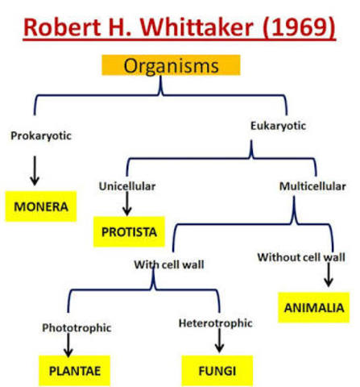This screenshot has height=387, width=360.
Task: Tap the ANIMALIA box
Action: pyautogui.click(x=313, y=307)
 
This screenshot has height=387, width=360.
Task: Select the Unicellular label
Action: pyautogui.click(x=126, y=186)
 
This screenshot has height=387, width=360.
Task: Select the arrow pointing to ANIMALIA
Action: pyautogui.click(x=328, y=277)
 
